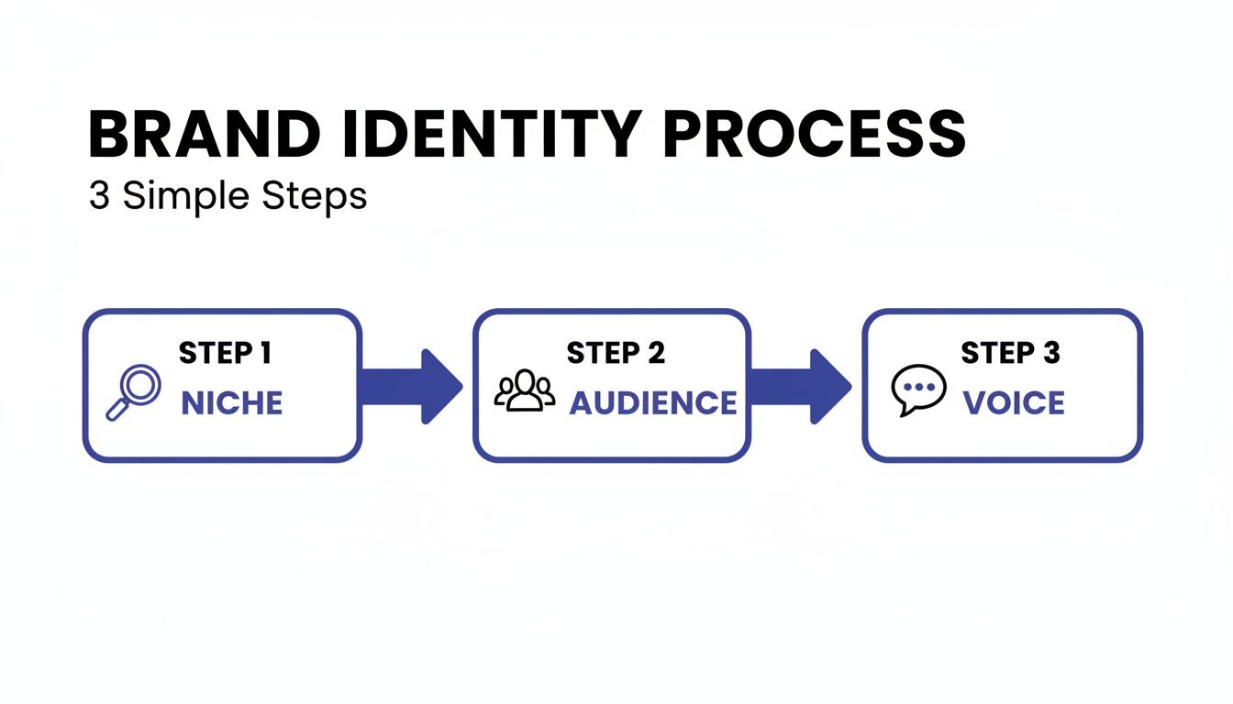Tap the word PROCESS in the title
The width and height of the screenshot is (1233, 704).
815,136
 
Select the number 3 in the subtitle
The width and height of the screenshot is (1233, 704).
99,196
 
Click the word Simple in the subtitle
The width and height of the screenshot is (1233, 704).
189,196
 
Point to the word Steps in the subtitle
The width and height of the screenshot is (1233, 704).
314,196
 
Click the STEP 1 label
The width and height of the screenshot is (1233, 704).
225,353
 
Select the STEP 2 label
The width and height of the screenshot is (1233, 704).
616,353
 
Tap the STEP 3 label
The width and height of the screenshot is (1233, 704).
1010,353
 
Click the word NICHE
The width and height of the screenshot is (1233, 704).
232,403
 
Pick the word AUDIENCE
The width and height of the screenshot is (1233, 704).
652,403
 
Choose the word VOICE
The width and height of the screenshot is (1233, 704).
1014,403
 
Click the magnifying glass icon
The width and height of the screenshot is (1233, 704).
134,392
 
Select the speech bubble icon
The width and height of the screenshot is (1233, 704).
918,390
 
